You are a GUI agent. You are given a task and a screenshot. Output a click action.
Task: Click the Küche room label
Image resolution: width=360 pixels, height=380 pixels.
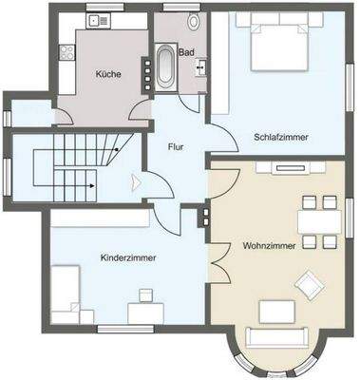107,74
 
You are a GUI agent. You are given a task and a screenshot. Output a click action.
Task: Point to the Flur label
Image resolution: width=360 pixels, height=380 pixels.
176,146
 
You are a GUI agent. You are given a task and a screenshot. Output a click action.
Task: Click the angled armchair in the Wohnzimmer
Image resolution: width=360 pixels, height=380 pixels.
309,283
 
